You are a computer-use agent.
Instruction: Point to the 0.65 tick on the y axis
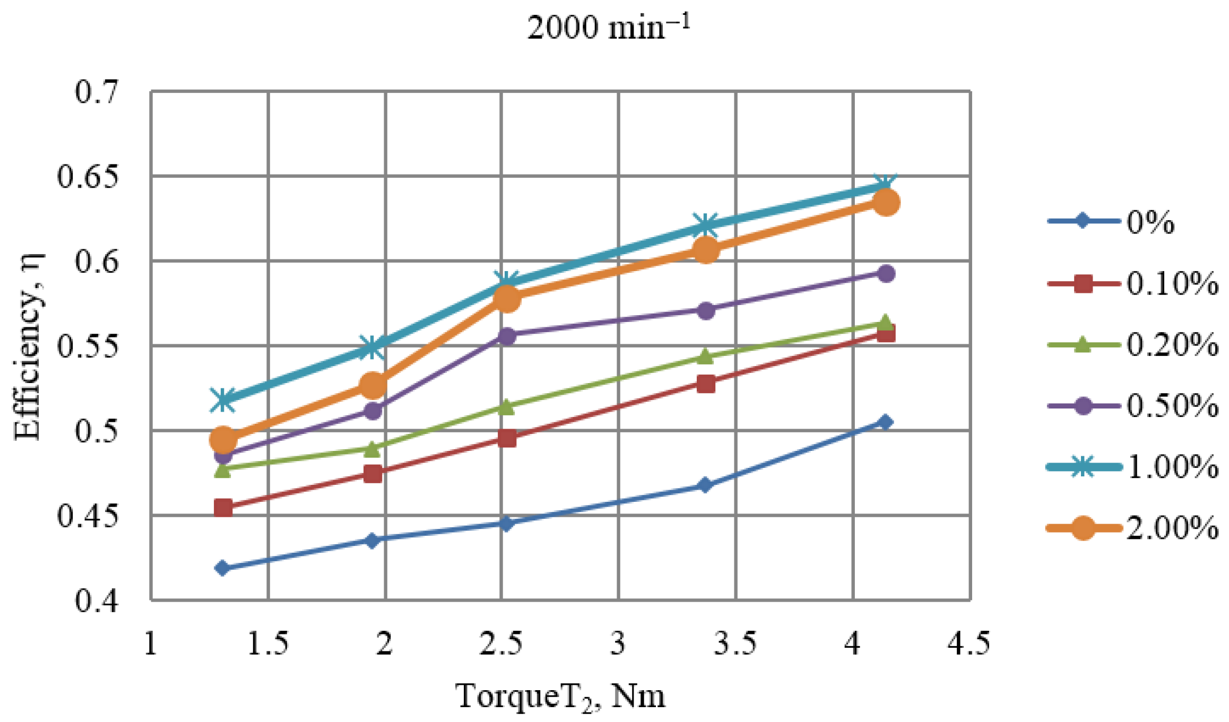click(x=88, y=177)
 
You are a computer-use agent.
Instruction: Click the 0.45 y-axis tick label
click(x=88, y=516)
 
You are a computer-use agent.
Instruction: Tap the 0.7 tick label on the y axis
click(x=96, y=92)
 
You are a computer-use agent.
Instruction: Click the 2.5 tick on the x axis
click(x=501, y=643)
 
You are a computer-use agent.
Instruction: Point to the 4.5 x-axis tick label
click(x=969, y=643)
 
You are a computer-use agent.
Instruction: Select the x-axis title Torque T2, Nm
click(x=560, y=697)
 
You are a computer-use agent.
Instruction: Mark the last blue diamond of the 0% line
click(x=885, y=422)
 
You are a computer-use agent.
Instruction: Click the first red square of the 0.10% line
click(x=223, y=508)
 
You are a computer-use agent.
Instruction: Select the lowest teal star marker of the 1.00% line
click(x=223, y=400)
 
